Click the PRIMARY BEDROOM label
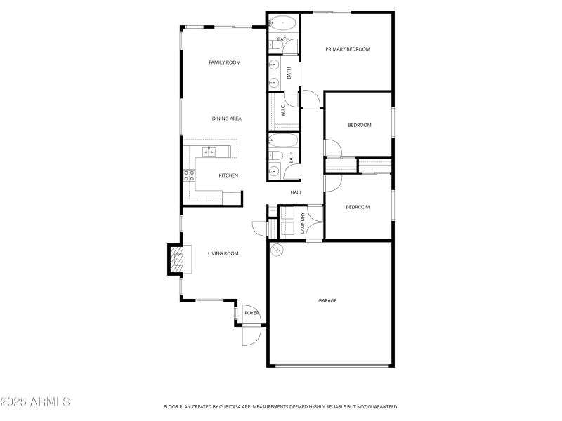[x=347, y=49]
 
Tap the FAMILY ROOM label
[x=224, y=62]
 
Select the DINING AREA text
[x=226, y=119]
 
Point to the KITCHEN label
[x=228, y=175]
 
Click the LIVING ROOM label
[x=223, y=253]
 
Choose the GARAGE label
[x=327, y=300]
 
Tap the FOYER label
[x=251, y=313]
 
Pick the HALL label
[x=296, y=192]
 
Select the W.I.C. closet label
[x=282, y=110]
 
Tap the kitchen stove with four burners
[x=190, y=176]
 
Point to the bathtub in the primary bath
[x=283, y=22]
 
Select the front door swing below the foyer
[x=250, y=335]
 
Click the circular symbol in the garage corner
[x=277, y=249]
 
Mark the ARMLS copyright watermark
[x=35, y=402]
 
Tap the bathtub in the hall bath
[x=283, y=140]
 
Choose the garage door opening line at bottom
[x=331, y=366]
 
